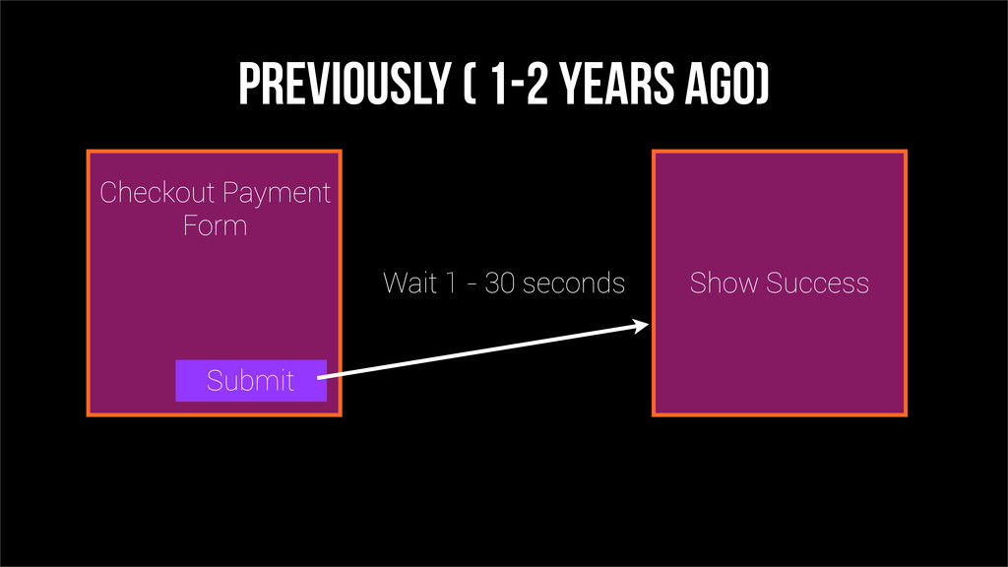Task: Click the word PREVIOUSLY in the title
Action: point(344,84)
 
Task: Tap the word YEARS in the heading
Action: point(615,84)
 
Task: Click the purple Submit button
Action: point(251,381)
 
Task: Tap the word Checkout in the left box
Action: point(157,192)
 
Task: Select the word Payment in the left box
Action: point(277,194)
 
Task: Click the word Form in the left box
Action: point(215,225)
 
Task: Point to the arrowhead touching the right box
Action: point(641,325)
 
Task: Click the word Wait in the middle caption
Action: point(409,283)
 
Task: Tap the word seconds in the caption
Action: point(574,283)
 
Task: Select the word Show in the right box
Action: point(724,283)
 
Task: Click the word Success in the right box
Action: point(817,283)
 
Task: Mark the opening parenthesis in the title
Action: point(470,84)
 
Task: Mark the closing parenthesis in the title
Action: point(762,84)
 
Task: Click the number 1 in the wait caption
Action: point(451,283)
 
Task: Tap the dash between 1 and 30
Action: point(472,284)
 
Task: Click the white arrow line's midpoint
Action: point(483,352)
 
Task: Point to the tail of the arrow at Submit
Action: point(318,379)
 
